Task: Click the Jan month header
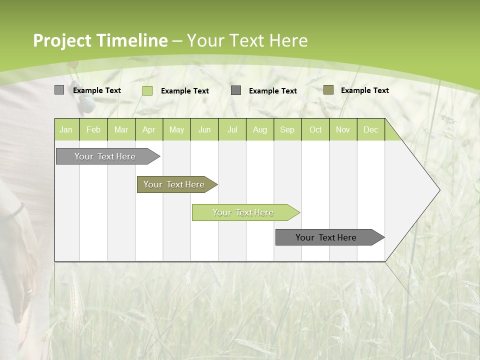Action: (66, 129)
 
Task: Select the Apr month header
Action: (148, 129)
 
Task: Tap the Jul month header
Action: (232, 129)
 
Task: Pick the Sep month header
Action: (287, 129)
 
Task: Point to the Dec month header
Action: (370, 129)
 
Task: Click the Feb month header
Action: (93, 129)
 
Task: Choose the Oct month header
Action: (315, 129)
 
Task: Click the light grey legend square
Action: (59, 90)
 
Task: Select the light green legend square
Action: (147, 90)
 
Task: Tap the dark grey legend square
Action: (236, 90)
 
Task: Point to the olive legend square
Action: (328, 90)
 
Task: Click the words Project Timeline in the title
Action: (100, 40)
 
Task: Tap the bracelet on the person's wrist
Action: (18, 210)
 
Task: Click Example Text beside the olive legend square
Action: (364, 90)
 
